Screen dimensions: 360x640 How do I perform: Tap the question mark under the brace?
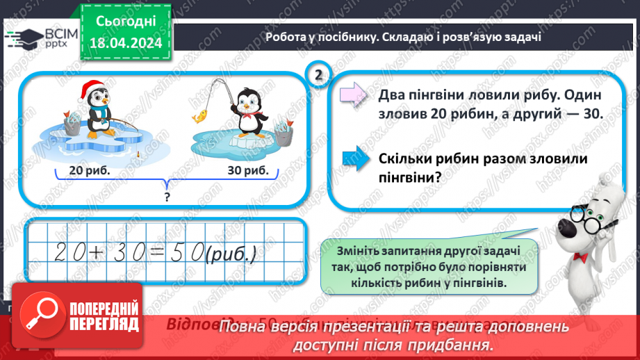point(167,197)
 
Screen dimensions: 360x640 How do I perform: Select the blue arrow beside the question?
point(355,158)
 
